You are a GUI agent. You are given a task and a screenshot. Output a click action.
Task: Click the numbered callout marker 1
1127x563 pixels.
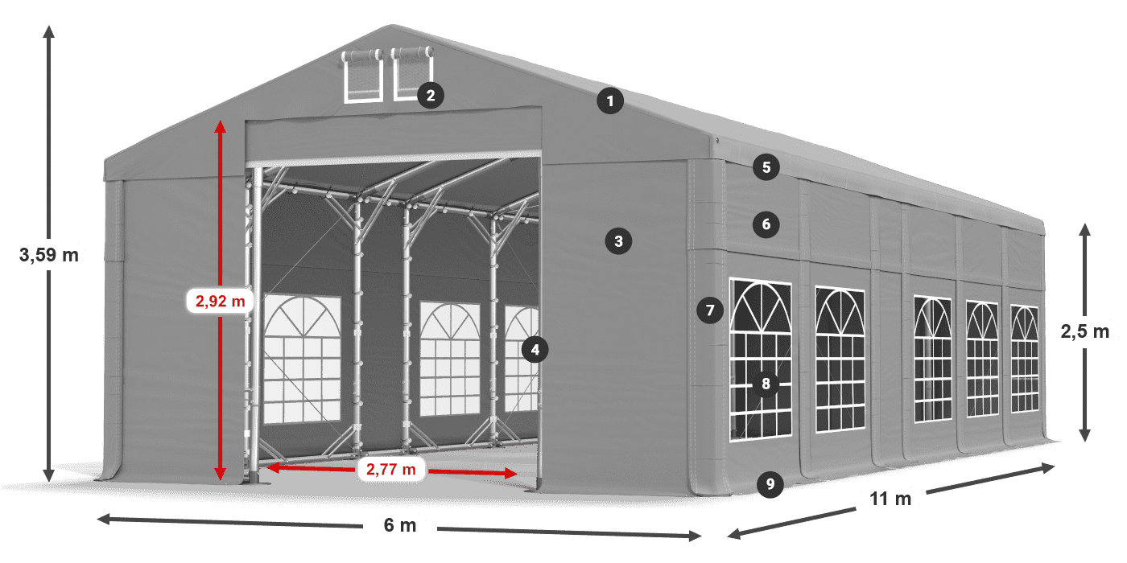tap(610, 101)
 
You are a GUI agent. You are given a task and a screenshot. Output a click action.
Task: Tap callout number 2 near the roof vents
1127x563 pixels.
tap(431, 97)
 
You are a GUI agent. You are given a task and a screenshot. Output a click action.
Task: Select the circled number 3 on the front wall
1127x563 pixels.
tap(618, 240)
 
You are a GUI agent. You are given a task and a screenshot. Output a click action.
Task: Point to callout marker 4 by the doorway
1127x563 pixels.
tap(535, 349)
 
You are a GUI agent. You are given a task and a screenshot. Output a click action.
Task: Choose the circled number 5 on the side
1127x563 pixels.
tap(766, 167)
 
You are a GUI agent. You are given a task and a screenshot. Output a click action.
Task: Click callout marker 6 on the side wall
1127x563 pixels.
tap(766, 224)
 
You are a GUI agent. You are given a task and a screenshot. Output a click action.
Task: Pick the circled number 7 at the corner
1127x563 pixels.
tap(709, 310)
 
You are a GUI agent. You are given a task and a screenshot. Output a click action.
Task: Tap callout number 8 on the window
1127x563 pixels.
tap(766, 384)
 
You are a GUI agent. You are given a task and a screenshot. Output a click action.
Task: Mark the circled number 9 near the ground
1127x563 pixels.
tap(770, 483)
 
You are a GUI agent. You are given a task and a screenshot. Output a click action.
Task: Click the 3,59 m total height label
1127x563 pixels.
tap(48, 256)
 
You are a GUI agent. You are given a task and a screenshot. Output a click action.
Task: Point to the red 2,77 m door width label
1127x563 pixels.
tap(390, 469)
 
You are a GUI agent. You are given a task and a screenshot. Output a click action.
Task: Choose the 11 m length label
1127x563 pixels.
tap(890, 499)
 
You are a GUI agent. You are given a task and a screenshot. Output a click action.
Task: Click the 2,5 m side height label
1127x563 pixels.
tap(1084, 331)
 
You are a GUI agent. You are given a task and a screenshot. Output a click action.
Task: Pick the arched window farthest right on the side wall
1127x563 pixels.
tap(1024, 359)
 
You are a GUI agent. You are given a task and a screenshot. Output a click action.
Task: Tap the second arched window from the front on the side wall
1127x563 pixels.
tap(840, 359)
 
